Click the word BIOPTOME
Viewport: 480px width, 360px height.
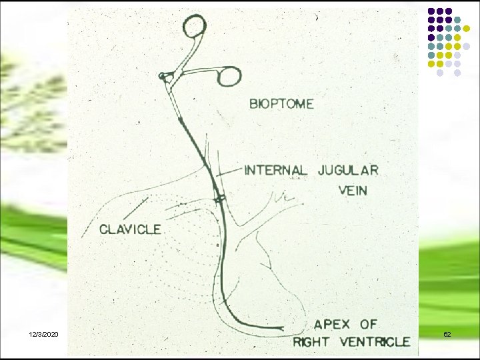281,104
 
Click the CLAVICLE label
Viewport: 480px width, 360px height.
130,229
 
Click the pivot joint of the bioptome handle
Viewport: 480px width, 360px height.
162,77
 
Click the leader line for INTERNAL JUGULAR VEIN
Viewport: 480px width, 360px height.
228,172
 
